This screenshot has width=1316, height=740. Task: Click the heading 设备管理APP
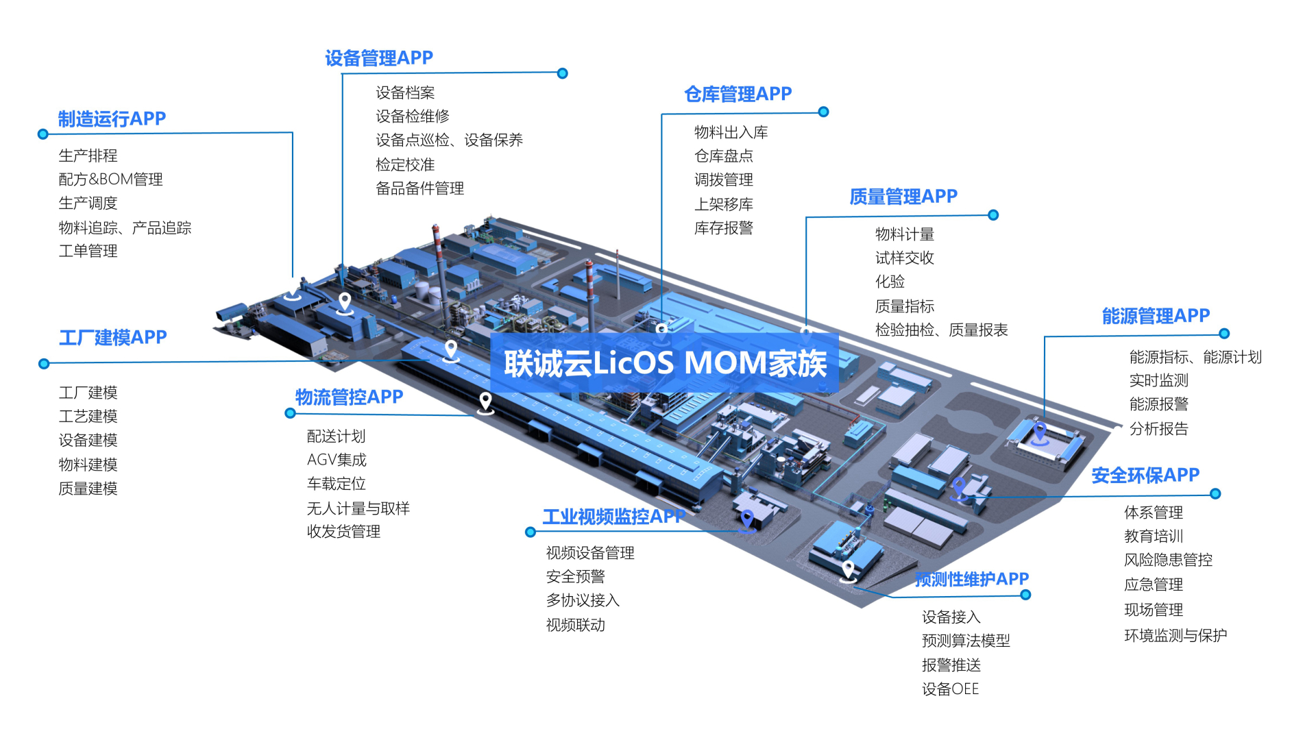(x=378, y=58)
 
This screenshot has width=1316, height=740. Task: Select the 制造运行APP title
(x=112, y=119)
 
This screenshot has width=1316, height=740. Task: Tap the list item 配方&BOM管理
(x=110, y=180)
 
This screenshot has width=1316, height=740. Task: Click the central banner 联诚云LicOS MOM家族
(x=665, y=363)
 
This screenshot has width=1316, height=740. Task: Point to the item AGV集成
(x=337, y=460)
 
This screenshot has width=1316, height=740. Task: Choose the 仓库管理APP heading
(x=738, y=94)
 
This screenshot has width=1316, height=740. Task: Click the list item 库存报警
(x=723, y=228)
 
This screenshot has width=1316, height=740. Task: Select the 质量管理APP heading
(x=903, y=197)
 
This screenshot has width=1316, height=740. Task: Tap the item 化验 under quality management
(x=890, y=282)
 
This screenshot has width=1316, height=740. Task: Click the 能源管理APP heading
(x=1156, y=316)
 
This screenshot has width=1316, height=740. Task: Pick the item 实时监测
(x=1158, y=380)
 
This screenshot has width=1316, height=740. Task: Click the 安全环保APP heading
(x=1145, y=475)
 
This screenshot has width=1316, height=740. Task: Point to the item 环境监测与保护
(x=1175, y=636)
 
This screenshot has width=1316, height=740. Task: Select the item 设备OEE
(x=950, y=689)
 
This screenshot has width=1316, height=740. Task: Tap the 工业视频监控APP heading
(x=613, y=517)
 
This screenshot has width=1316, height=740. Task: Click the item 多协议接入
(x=583, y=600)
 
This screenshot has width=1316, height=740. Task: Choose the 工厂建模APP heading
(x=112, y=337)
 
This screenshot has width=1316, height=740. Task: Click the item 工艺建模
(x=88, y=417)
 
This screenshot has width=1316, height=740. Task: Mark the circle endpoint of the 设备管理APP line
(x=562, y=73)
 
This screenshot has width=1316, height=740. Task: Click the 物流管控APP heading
(x=349, y=397)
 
